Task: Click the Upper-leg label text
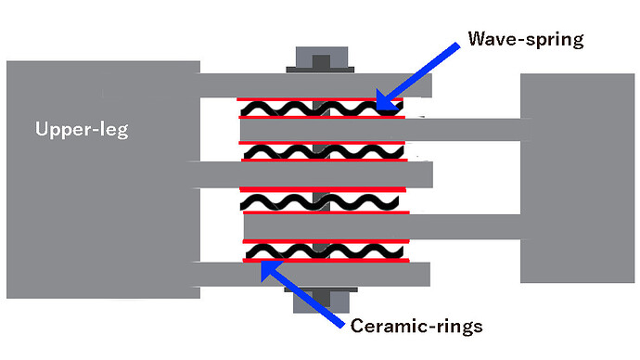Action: point(82,130)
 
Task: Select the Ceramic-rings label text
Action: point(417,326)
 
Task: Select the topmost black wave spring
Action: point(320,109)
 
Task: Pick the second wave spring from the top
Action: point(320,151)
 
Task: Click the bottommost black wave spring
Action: point(320,251)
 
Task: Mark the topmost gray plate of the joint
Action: point(315,84)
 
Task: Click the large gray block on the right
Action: point(575,178)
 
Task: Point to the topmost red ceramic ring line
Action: point(320,98)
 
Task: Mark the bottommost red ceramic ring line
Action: point(325,262)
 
